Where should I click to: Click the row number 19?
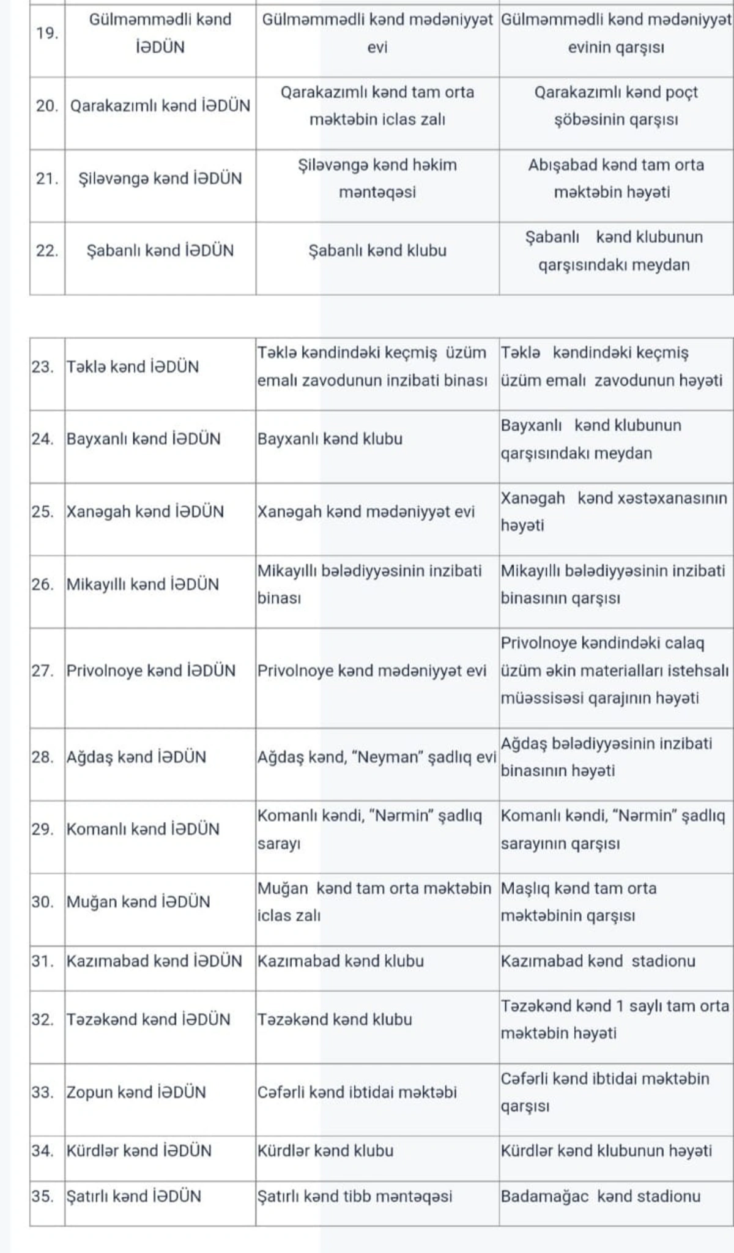pos(47,34)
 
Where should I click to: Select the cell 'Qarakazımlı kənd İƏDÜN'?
pos(160,106)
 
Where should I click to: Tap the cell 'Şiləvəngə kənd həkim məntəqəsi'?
pos(377,179)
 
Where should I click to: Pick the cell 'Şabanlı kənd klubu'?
pos(377,251)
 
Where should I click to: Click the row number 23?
pos(43,367)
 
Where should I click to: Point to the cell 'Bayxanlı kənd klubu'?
pos(330,439)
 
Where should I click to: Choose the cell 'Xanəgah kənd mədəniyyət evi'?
pos(366,511)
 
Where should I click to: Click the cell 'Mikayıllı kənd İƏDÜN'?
pos(143,584)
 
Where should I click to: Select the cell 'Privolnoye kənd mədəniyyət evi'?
pos(372,671)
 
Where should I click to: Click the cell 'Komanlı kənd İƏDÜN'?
pos(143,829)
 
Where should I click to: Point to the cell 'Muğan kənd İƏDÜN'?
pos(138,902)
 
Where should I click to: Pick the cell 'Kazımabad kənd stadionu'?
pos(598,961)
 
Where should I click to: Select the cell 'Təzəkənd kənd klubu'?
pos(335,1019)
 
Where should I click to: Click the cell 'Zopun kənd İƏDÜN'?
pos(136,1092)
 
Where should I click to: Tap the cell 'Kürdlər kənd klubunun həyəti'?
pos(606,1151)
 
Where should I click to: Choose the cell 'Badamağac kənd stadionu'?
pos(601,1196)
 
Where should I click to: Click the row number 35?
pos(43,1196)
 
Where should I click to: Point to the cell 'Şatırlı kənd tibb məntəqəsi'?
pos(355,1196)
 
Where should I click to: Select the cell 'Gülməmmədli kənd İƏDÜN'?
pos(160,34)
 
